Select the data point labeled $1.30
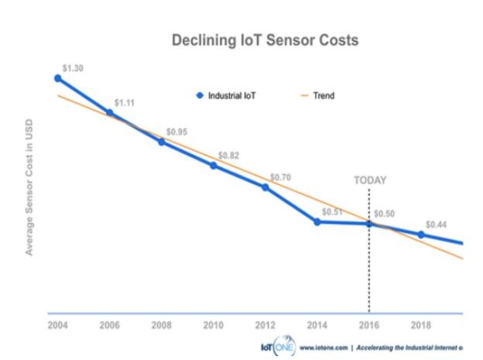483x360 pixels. [57, 78]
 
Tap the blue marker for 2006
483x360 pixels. [110, 113]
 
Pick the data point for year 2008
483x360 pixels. [162, 142]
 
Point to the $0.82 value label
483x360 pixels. [228, 156]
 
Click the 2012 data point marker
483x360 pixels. [265, 187]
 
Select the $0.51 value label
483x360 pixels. [332, 211]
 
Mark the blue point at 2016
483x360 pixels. [369, 225]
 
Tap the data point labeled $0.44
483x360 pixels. [421, 235]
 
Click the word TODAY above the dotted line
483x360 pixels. [370, 180]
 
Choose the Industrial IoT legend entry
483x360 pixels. [228, 96]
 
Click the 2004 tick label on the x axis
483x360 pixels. [57, 325]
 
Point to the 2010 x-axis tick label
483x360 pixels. [214, 325]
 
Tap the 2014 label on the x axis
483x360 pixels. [317, 325]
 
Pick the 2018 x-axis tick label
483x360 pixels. [421, 325]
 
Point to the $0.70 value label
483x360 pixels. [280, 177]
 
